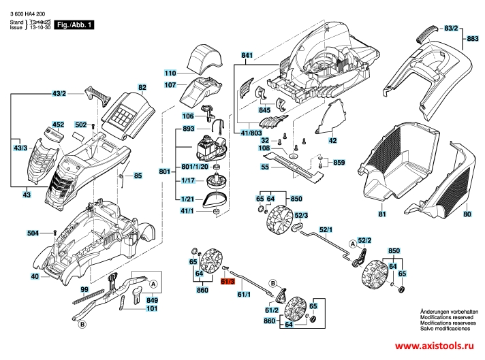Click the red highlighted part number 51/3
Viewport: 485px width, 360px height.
[228, 281]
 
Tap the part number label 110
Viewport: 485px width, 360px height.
[170, 73]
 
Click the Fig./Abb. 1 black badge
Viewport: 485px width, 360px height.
[76, 24]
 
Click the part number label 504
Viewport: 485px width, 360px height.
[33, 233]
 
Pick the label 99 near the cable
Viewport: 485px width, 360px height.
[84, 290]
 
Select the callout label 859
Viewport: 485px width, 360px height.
[339, 163]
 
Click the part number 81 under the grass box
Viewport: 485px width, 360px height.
[382, 215]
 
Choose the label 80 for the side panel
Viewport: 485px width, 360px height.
[467, 215]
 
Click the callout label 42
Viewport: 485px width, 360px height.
[332, 141]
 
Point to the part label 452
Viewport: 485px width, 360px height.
[59, 125]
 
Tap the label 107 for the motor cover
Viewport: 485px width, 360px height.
[170, 86]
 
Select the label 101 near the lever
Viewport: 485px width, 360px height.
[152, 309]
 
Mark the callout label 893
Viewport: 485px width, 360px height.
[189, 129]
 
